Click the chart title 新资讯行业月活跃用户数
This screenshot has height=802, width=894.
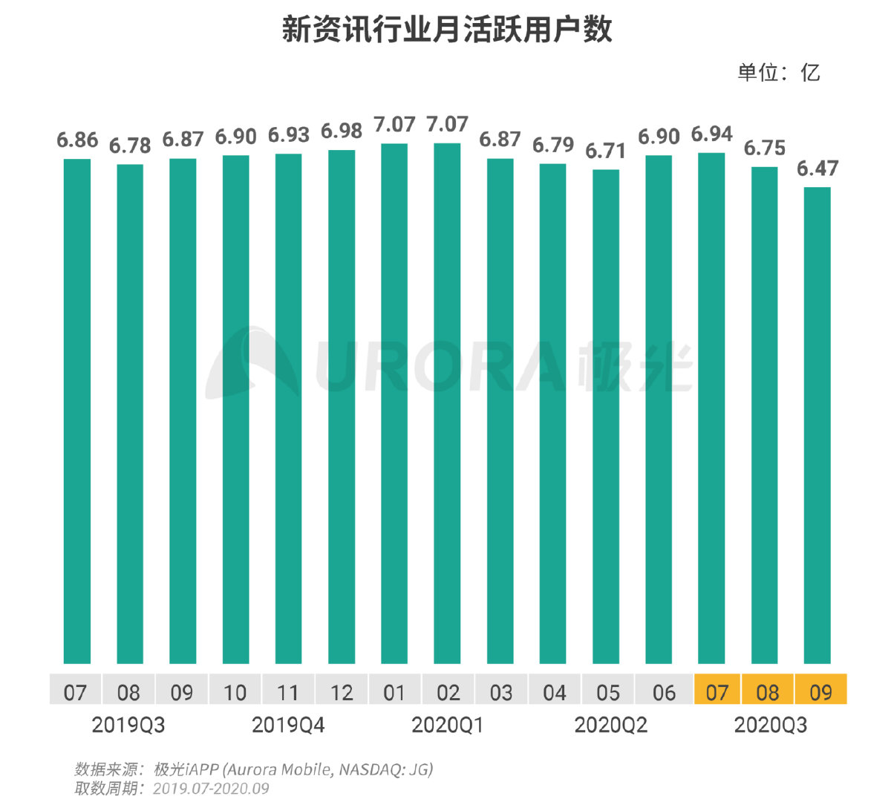point(447,30)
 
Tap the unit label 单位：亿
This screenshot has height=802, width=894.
point(778,73)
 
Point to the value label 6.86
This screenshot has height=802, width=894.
point(77,140)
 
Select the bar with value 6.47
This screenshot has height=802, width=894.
point(818,425)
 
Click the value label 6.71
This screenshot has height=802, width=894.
point(605,151)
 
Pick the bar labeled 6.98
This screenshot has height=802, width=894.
point(342,406)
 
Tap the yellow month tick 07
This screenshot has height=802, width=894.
point(717,693)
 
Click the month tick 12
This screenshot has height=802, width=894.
point(342,693)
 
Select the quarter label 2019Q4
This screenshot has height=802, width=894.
point(288,725)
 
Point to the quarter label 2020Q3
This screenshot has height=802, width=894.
point(770,725)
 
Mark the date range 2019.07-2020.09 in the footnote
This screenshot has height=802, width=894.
point(211,789)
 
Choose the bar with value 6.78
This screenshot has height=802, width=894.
point(130,414)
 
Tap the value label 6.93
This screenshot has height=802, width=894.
point(288,135)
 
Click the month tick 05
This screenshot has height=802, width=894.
point(607,693)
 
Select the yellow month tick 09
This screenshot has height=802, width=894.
point(820,693)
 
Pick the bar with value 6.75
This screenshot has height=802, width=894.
point(765,414)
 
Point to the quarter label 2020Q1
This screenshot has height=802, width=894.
point(447,725)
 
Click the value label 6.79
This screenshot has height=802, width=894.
point(552,145)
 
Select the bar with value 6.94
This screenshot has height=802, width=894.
point(711,408)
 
